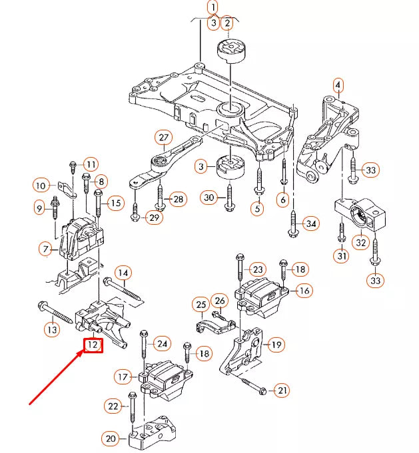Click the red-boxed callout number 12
[93, 345]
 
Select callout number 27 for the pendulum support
[163, 138]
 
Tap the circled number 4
[338, 85]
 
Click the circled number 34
[310, 223]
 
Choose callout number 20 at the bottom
[110, 438]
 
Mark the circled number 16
[304, 290]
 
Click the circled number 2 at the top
[227, 23]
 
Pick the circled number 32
[360, 242]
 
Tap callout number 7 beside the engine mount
[45, 249]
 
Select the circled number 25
[201, 305]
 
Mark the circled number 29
[154, 218]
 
